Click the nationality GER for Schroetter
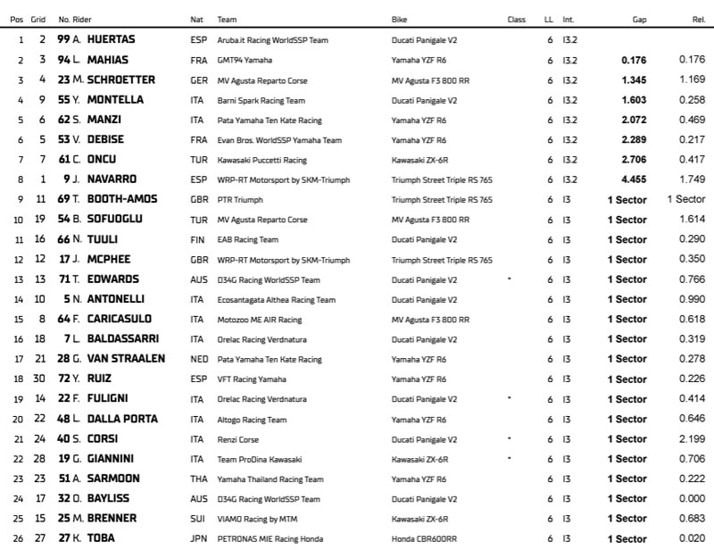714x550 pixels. [x=198, y=80]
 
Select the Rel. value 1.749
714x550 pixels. [x=692, y=179]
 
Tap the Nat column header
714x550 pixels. [x=196, y=18]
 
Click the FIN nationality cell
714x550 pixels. [x=197, y=239]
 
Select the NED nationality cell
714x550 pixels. [x=198, y=359]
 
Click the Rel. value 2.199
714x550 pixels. [x=692, y=438]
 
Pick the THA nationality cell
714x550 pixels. [x=198, y=479]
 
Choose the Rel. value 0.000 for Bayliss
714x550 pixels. [x=692, y=498]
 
